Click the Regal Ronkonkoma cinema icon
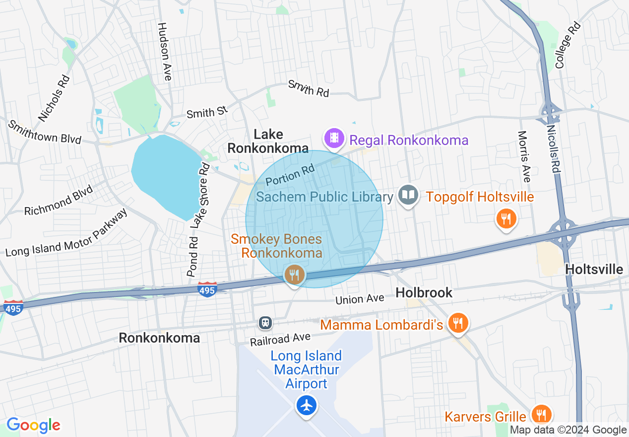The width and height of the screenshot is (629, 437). click(335, 138)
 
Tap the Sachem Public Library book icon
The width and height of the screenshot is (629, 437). click(408, 195)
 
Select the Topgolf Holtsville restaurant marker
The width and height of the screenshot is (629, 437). click(506, 218)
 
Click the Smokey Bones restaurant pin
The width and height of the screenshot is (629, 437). click(294, 274)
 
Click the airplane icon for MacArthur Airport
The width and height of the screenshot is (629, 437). click(307, 405)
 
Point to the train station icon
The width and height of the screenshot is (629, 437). click(266, 323)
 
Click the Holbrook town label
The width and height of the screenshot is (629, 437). click(424, 292)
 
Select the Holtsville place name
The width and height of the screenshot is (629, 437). click(594, 270)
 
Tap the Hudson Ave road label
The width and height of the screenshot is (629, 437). click(165, 52)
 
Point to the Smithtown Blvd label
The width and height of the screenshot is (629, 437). click(45, 132)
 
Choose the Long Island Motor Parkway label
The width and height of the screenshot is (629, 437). click(66, 232)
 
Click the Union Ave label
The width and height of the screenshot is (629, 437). click(360, 299)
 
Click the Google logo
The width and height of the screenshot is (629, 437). click(33, 425)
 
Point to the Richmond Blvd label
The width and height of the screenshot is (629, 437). click(59, 201)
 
